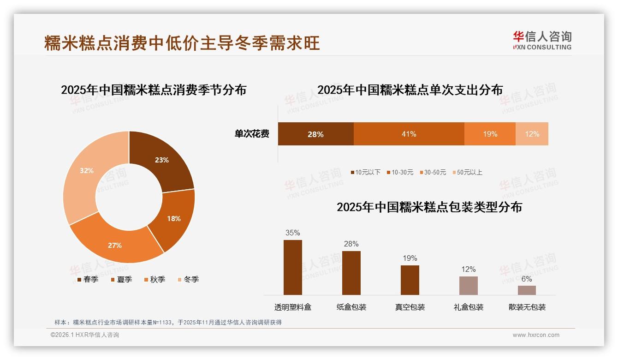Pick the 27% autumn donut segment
[x=115, y=245]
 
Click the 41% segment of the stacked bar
[x=409, y=134]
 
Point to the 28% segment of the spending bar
[x=315, y=134]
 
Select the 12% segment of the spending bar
[x=532, y=134]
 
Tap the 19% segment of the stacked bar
[x=490, y=134]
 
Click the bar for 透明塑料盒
[x=293, y=267]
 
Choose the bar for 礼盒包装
[x=469, y=286]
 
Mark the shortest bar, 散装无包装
[x=527, y=290]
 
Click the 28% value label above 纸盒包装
[x=351, y=244]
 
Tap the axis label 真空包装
[x=410, y=307]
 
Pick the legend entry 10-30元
[x=401, y=172]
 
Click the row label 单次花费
[x=252, y=134]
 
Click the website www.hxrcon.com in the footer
[x=536, y=335]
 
